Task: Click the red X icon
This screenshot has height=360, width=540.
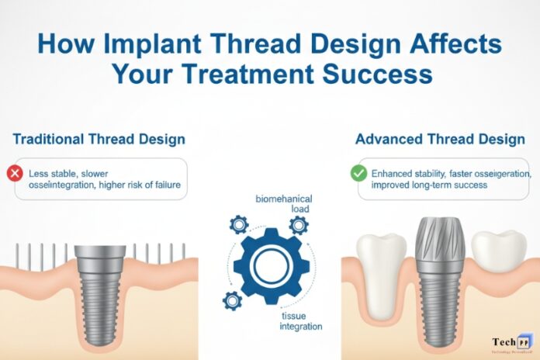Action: click(14, 173)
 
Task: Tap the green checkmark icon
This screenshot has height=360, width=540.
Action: click(358, 173)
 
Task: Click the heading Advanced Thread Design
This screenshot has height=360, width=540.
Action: click(438, 140)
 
